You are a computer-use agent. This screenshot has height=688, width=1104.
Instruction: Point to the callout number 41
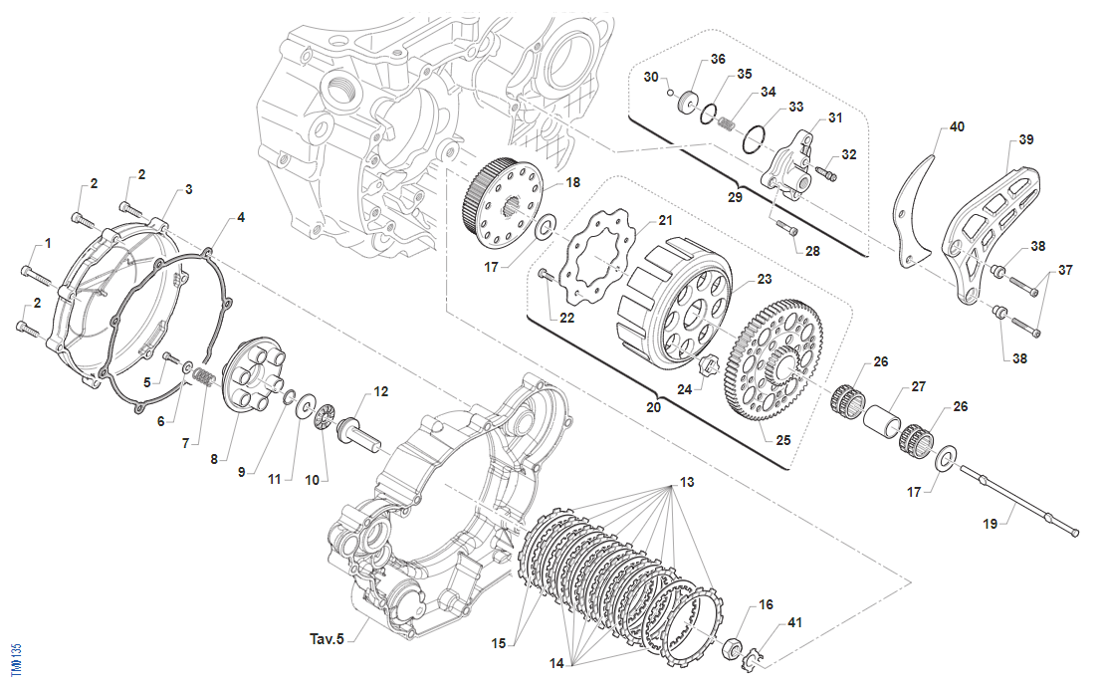pyautogui.click(x=793, y=623)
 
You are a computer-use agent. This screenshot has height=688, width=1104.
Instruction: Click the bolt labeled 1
pyautogui.click(x=34, y=270)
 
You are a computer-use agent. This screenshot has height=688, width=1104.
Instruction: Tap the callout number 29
pyautogui.click(x=735, y=197)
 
